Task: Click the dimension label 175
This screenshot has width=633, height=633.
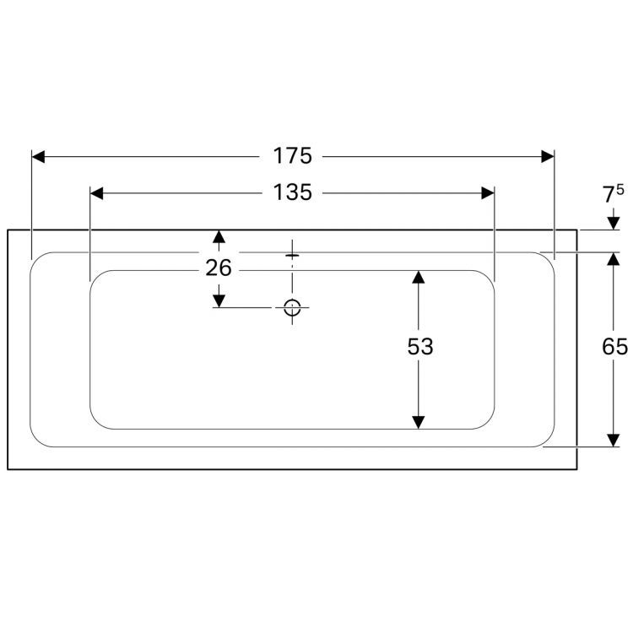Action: [293, 156]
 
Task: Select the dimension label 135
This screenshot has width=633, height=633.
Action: [293, 192]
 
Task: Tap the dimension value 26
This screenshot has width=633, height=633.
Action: [219, 268]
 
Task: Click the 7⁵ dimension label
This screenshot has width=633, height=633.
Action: [614, 194]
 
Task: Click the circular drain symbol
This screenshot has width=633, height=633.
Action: [292, 307]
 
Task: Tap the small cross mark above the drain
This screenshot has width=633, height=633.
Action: [292, 255]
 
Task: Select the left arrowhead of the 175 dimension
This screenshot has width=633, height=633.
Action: [38, 157]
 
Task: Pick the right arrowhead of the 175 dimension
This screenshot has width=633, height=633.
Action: [548, 157]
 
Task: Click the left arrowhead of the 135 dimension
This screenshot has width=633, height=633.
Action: [97, 193]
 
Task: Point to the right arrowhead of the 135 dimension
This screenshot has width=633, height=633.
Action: [488, 193]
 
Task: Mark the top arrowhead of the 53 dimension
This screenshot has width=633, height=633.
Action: [419, 277]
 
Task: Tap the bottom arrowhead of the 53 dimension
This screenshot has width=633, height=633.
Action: [419, 422]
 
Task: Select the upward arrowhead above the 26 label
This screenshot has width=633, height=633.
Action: [219, 236]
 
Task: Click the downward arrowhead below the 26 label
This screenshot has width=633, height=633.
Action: [219, 300]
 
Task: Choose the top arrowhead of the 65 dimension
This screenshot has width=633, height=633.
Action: [614, 259]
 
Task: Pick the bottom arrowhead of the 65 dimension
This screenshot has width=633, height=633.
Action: [614, 441]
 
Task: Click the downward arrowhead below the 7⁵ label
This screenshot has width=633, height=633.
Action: [614, 224]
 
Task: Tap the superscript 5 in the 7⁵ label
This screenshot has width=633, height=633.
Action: [620, 189]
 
